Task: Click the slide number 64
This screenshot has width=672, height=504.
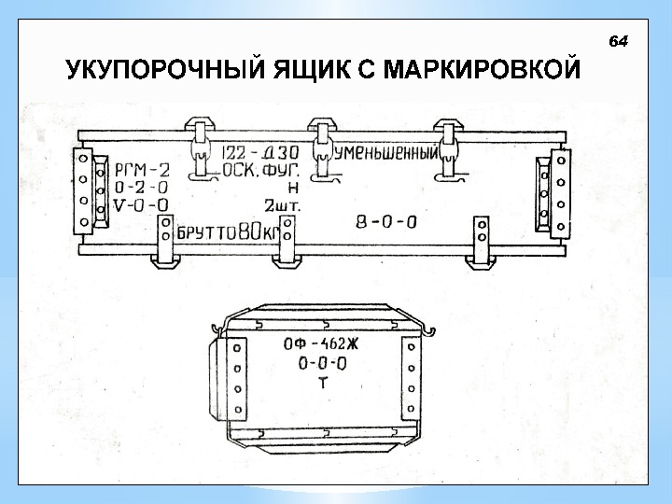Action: (x=619, y=42)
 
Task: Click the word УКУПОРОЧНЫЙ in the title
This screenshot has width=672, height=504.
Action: (x=161, y=71)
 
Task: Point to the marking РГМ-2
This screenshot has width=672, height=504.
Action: (x=142, y=170)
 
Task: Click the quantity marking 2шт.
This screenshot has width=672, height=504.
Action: (x=280, y=204)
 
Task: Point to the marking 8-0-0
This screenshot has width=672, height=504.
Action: (x=386, y=222)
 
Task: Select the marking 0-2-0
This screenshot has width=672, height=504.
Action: (x=141, y=187)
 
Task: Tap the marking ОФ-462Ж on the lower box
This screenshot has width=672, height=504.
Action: (x=321, y=343)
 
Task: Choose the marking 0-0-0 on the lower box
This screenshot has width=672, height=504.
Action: (x=321, y=363)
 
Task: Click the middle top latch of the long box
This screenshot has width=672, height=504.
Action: (x=322, y=149)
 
